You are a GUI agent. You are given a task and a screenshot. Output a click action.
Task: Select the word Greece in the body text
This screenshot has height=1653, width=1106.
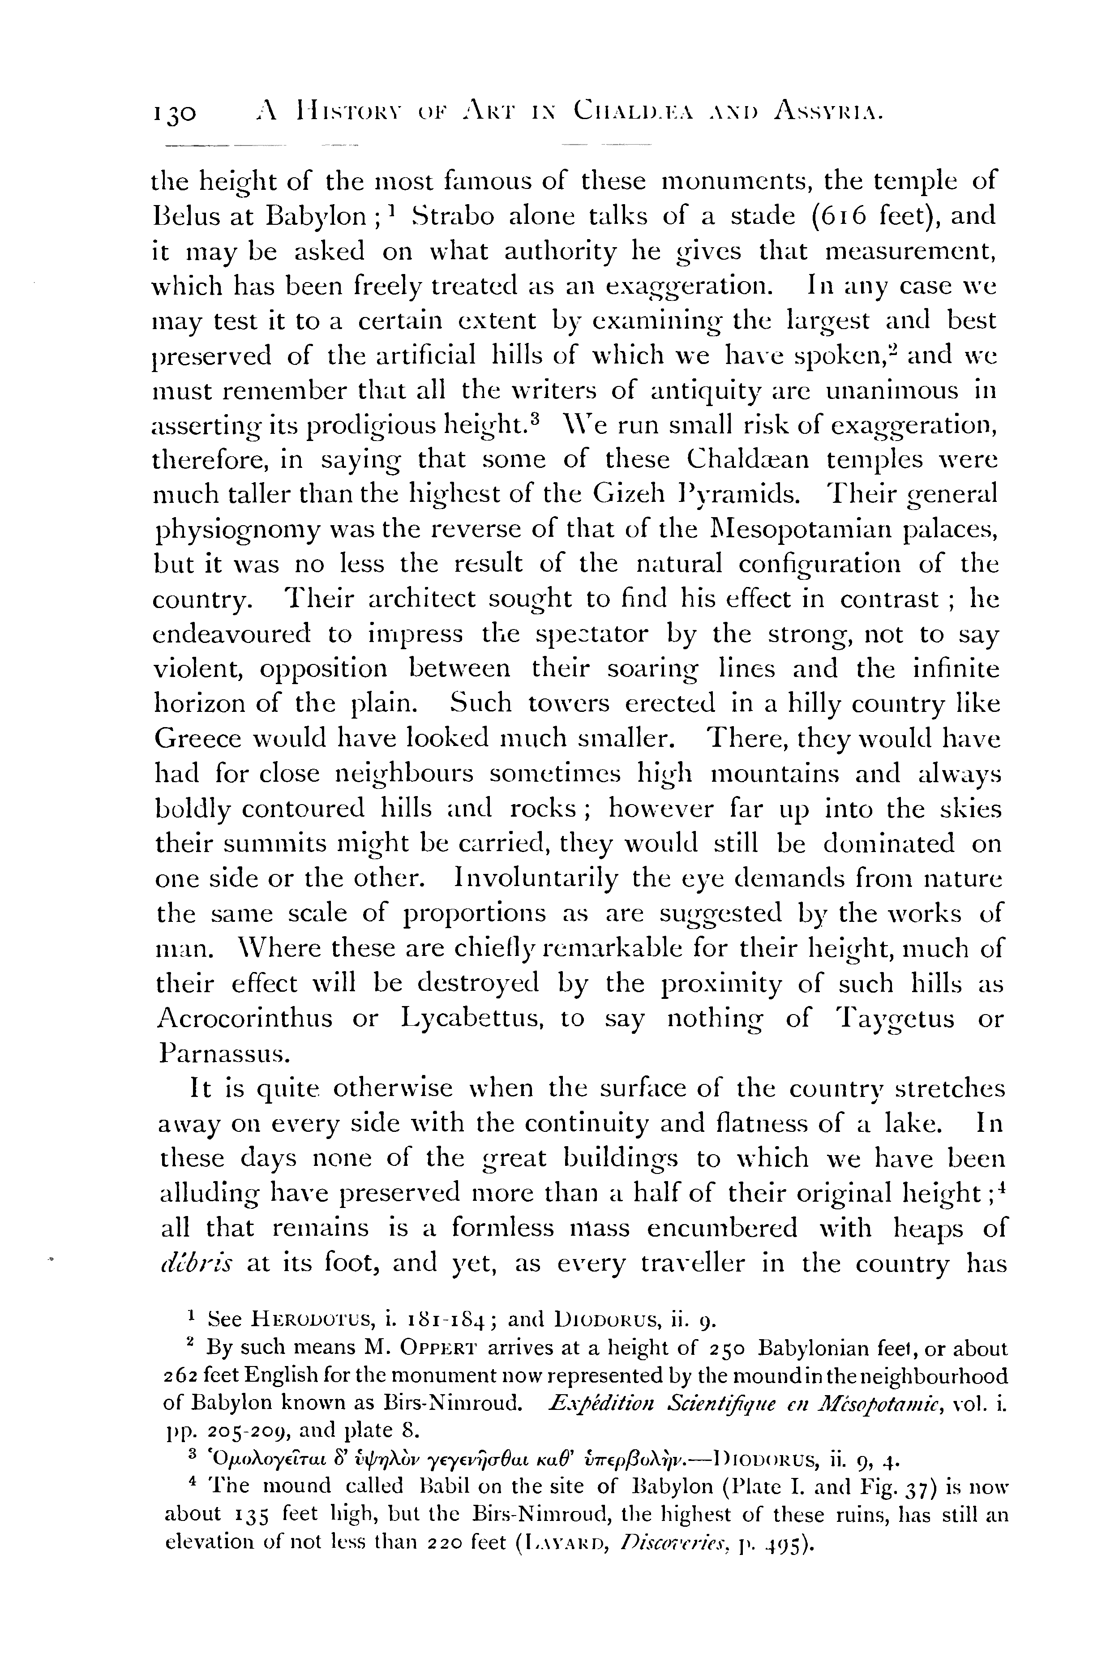click(x=200, y=739)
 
